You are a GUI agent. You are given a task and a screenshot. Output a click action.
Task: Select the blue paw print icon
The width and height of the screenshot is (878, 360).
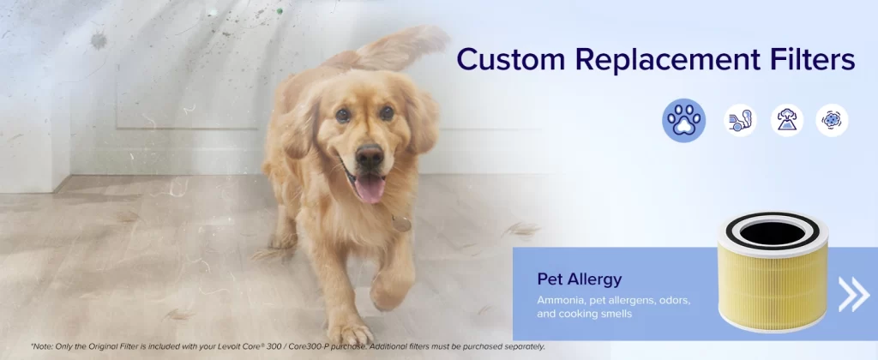click(x=683, y=120)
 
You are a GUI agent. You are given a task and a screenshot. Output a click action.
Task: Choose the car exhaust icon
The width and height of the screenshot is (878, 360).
click(x=740, y=120)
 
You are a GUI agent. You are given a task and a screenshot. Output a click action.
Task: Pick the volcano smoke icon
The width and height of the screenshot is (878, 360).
click(x=787, y=120)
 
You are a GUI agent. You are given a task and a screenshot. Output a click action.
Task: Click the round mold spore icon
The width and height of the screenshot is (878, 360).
click(x=832, y=120)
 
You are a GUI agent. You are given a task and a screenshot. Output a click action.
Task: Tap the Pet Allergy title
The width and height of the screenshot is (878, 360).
click(x=580, y=279)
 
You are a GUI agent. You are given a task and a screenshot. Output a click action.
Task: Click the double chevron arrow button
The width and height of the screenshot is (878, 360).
click(x=853, y=295)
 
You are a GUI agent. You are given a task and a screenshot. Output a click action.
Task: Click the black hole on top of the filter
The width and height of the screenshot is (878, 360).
click(x=773, y=232)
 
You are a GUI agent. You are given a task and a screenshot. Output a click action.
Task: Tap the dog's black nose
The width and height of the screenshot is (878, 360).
click(x=370, y=154)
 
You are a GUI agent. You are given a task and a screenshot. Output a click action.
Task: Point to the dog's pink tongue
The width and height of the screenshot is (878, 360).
click(x=370, y=189)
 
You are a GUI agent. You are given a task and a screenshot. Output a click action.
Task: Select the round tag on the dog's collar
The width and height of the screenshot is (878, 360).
click(x=401, y=224)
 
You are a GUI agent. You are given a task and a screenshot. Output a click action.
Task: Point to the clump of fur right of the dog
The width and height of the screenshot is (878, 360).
click(x=522, y=229)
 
